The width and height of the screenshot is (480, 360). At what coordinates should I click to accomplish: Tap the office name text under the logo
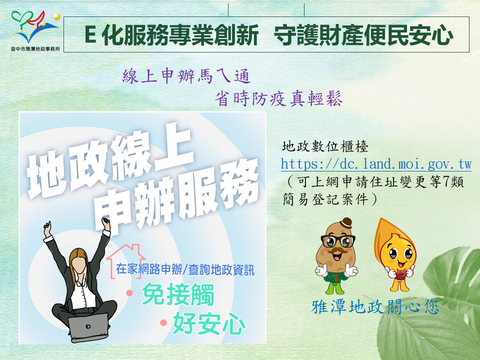coord(35,48)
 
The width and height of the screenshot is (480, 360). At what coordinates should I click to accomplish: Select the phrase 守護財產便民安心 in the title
coord(363,35)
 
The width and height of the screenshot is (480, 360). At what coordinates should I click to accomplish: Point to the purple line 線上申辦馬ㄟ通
coord(186,76)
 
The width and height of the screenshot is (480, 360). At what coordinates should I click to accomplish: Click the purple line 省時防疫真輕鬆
coord(278,98)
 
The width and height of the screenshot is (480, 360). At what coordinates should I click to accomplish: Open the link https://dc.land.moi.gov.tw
coord(376,164)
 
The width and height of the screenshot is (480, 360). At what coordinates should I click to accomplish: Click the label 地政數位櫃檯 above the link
coord(325,146)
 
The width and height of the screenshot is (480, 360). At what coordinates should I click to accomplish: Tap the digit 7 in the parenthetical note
coord(445,182)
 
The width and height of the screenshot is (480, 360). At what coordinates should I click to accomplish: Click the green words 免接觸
coord(178,294)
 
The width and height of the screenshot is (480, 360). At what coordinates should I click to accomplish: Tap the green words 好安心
coord(209,323)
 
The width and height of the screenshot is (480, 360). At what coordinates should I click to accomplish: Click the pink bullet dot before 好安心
coord(163,322)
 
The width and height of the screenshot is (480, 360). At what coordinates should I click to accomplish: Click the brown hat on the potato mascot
coord(346,222)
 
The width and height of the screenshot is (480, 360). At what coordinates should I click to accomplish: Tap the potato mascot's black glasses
coord(338,241)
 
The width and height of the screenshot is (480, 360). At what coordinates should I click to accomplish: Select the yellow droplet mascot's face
coord(397,254)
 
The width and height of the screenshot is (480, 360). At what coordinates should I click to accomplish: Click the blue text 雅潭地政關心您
coord(375,306)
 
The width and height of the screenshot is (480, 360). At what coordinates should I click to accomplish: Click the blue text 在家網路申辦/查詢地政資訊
coord(185,269)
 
